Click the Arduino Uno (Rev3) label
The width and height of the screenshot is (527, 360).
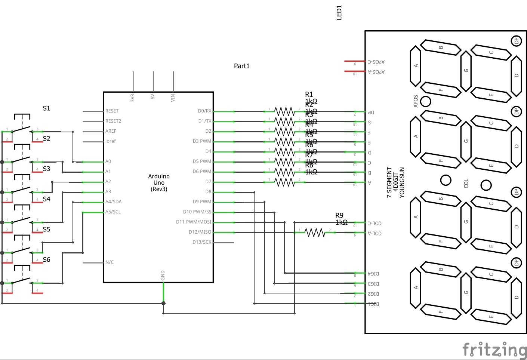tap(159, 182)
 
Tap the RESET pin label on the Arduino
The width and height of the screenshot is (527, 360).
tap(112, 111)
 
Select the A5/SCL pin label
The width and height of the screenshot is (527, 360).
tap(113, 212)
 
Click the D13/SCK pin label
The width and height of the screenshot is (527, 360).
tap(202, 242)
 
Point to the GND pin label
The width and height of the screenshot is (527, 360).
tap(163, 276)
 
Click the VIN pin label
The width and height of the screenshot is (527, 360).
tap(173, 98)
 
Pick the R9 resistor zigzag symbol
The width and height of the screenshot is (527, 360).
tap(315, 233)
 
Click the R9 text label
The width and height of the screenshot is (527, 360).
tap(339, 215)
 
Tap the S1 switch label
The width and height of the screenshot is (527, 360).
tap(46, 108)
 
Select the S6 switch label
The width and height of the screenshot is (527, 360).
tap(46, 259)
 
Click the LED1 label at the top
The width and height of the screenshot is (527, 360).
tap(339, 12)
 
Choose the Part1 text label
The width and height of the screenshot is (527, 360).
tap(241, 66)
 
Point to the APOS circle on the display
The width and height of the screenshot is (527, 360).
tap(426, 101)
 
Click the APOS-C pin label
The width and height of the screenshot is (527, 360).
tap(376, 62)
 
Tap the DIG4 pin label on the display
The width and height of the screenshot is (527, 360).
tap(373, 274)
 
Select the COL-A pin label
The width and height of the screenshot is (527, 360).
tap(375, 233)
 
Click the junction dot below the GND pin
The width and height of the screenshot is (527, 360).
tap(163, 303)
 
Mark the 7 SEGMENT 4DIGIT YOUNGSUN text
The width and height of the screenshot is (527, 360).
tap(395, 182)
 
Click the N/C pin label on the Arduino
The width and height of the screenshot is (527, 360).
tap(110, 262)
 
